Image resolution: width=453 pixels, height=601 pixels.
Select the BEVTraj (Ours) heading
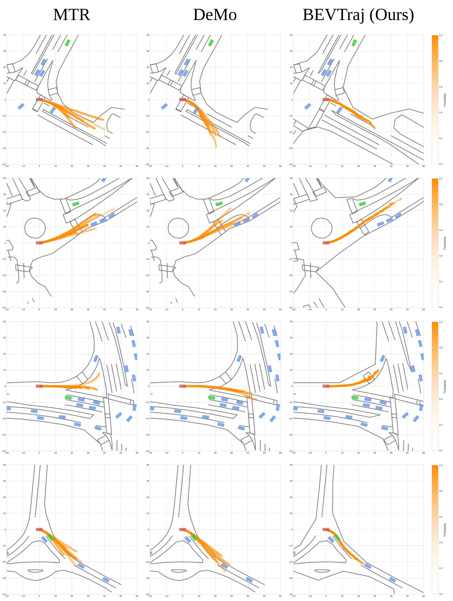pos(358,15)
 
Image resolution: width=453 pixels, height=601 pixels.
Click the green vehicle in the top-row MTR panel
pos(68,43)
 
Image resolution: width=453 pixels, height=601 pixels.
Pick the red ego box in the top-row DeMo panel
pos(183,100)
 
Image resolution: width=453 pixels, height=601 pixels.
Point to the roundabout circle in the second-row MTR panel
pos(35,218)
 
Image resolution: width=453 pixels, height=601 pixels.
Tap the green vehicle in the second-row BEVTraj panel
pos(362,204)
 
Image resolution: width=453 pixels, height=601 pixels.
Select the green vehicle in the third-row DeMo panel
pos(211,398)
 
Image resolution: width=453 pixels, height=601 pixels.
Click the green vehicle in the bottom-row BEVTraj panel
pos(337,537)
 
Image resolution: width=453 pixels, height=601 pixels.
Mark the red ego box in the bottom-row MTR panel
pos(39,530)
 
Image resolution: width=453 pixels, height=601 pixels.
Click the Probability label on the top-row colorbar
pos(445,100)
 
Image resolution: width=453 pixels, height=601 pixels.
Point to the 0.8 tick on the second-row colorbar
pos(441,204)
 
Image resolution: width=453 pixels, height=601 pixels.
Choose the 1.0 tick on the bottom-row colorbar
pos(441,465)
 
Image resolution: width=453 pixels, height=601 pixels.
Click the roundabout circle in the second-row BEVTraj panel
pos(322,218)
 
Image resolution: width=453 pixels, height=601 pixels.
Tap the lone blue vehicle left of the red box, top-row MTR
pos(21,106)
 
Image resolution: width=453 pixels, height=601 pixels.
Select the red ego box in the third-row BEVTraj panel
pos(326,386)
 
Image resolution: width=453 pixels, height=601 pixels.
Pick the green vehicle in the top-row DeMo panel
pos(211,43)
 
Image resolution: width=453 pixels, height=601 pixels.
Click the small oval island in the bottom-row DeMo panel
pos(179,571)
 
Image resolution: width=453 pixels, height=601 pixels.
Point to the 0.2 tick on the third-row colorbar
pos(441,425)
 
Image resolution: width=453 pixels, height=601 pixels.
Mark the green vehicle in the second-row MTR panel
pos(75,204)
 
